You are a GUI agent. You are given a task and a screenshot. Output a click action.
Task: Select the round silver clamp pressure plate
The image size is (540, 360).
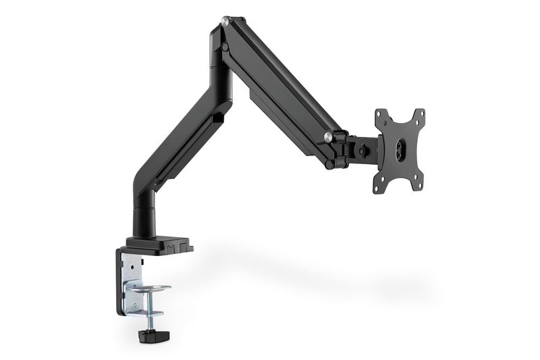[x=149, y=289]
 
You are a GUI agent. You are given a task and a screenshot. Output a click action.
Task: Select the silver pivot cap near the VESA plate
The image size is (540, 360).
[x=328, y=137]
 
